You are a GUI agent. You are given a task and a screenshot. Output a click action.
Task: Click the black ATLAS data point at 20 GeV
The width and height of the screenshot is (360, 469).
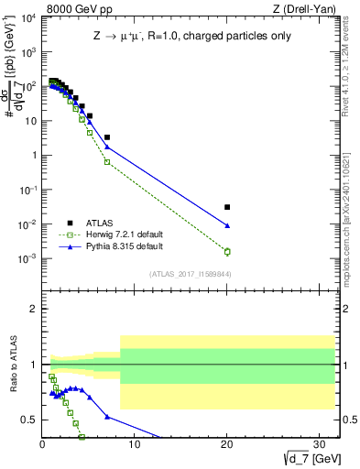click(x=227, y=207)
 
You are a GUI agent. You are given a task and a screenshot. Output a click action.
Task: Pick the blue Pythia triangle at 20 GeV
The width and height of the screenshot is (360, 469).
click(x=227, y=225)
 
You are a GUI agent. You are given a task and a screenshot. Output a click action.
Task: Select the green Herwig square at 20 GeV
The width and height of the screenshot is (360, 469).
click(x=227, y=251)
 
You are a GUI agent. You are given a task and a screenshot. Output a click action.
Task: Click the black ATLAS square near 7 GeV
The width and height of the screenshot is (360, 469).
click(x=107, y=137)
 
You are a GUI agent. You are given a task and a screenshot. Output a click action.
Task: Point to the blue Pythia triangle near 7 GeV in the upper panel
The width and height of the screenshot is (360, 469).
click(x=107, y=147)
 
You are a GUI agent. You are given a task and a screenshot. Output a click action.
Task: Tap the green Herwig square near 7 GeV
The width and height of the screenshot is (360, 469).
click(x=107, y=162)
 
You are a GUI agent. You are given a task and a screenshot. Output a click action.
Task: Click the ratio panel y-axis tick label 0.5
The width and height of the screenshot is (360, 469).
click(x=29, y=420)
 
